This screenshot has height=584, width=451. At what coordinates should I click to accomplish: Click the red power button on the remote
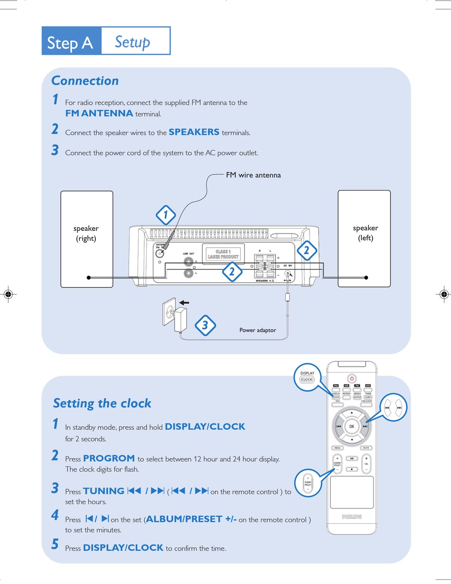pos(352,378)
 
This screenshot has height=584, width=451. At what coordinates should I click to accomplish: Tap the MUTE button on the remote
pos(366,448)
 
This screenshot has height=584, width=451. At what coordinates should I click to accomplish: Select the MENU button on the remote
pos(338,448)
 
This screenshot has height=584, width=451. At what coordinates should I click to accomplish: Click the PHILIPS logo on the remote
pos(352,517)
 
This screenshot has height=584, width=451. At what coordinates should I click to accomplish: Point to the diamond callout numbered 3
pos(205,326)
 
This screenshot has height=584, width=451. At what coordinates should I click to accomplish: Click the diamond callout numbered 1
pos(166,216)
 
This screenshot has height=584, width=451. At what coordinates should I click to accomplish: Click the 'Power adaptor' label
pos(257,330)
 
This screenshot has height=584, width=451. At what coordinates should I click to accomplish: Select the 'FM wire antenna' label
pos(253,175)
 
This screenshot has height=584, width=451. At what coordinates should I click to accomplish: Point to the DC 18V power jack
pos(288,274)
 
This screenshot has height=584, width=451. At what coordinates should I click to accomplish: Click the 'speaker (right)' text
pos(86,233)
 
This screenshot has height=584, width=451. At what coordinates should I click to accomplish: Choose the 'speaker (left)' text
pos(366,233)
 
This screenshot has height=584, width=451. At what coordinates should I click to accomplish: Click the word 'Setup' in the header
pos(132,42)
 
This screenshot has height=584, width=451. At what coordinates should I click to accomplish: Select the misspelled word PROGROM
pos(109,459)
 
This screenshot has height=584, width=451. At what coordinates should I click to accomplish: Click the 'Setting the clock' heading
pos(102,403)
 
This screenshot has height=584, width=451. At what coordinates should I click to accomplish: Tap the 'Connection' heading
pos(85,81)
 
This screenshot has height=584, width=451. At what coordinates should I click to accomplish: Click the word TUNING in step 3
pos(103,491)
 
